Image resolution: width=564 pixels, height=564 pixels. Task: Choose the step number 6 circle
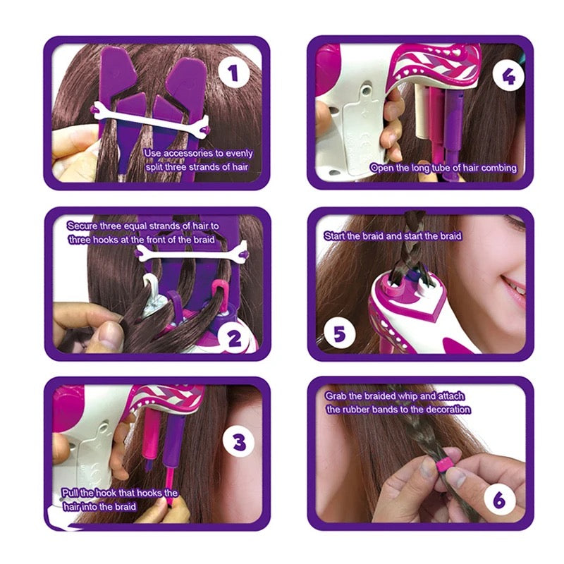499,500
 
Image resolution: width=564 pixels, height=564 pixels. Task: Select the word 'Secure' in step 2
82,226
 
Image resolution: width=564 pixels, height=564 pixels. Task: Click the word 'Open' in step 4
384,168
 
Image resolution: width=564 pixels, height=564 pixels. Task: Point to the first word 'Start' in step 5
336,235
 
